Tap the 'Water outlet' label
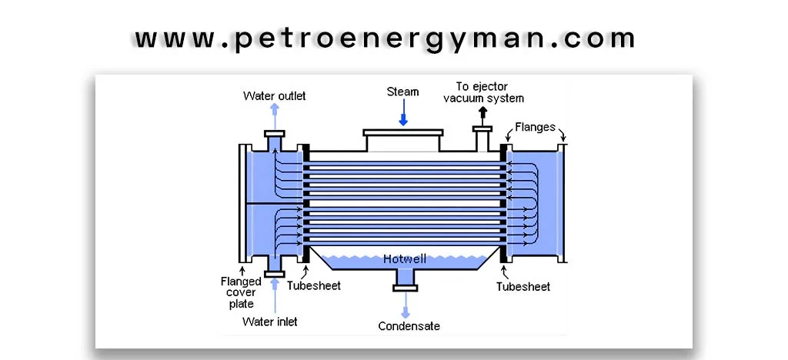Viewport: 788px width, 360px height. [274, 96]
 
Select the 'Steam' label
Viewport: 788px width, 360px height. [402, 92]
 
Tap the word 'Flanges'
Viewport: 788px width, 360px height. [535, 127]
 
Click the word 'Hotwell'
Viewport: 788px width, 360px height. [404, 259]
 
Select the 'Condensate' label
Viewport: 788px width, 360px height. [409, 326]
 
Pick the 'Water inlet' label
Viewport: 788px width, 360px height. [269, 321]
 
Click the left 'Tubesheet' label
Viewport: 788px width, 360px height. [313, 286]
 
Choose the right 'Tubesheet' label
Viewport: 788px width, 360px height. [523, 286]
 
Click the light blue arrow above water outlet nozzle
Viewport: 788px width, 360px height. [274, 117]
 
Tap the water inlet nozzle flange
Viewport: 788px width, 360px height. [274, 272]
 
